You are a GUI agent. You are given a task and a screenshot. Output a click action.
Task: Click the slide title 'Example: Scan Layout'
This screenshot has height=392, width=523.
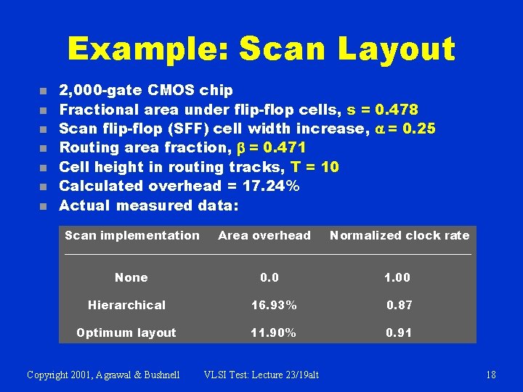click(x=261, y=49)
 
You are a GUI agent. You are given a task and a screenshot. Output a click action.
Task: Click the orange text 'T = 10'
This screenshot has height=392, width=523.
click(x=315, y=167)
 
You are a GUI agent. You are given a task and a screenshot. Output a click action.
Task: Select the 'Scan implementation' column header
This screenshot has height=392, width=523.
click(x=131, y=235)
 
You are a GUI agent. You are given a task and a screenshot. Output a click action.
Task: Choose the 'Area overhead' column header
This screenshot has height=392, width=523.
click(x=264, y=235)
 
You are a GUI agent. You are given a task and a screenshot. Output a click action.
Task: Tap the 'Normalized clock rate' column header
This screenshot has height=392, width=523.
click(x=400, y=235)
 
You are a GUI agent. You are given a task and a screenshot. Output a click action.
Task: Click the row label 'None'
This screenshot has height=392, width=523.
click(x=131, y=277)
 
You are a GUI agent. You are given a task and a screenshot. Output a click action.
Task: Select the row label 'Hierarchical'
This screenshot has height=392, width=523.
click(x=126, y=305)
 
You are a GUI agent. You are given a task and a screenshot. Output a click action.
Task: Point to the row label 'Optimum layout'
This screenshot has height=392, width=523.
click(x=126, y=332)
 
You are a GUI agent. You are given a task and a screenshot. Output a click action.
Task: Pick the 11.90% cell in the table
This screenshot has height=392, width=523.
click(x=273, y=332)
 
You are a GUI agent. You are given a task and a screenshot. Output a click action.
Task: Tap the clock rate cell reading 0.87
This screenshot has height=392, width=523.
click(x=399, y=305)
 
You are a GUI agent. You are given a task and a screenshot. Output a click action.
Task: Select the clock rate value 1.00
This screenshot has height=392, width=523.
click(x=397, y=277)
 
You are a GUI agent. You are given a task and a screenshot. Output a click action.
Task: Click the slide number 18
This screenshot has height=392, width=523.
click(x=491, y=375)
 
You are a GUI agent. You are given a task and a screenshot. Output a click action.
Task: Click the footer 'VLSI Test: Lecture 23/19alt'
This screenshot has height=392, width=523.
click(x=261, y=375)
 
